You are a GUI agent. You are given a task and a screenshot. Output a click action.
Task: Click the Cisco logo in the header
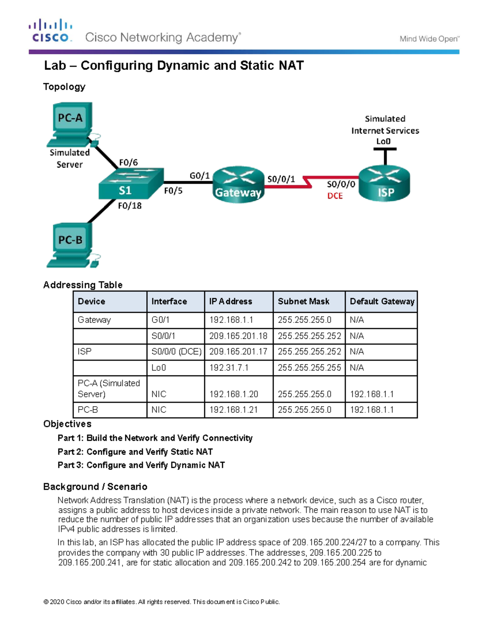(x=51, y=31)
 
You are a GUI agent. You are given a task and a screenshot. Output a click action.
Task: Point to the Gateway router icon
(x=238, y=185)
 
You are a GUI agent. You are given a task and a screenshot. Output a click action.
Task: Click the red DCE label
(x=335, y=196)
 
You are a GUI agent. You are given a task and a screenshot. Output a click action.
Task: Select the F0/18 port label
(x=129, y=206)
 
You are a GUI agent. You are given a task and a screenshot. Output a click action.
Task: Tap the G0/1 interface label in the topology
(x=199, y=176)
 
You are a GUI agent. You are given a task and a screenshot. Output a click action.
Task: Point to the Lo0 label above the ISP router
(x=383, y=141)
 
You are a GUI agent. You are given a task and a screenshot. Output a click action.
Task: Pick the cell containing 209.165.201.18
(x=238, y=336)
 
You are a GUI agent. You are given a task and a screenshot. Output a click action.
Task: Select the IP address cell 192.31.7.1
(x=229, y=368)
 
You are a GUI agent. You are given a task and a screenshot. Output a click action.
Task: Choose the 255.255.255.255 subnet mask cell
(x=309, y=368)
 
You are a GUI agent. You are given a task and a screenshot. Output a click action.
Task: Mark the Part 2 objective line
(x=135, y=452)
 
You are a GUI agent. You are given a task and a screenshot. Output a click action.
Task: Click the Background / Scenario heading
(x=95, y=487)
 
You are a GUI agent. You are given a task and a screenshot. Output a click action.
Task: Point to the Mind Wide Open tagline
(x=429, y=39)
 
